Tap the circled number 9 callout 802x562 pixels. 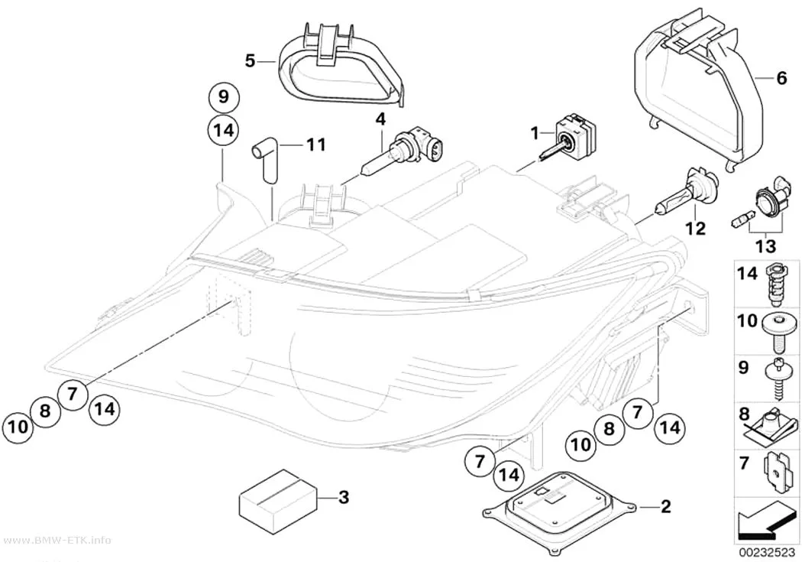click(x=224, y=97)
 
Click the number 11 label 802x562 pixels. click(x=315, y=145)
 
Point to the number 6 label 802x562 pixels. click(x=781, y=79)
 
